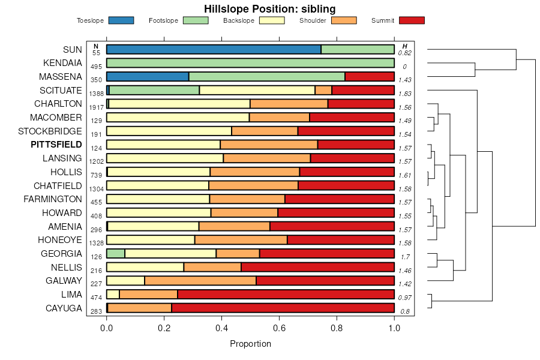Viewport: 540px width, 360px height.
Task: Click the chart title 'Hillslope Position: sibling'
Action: (x=269, y=8)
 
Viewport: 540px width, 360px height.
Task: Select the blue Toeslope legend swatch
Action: (x=121, y=20)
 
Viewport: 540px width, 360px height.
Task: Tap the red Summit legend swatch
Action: (x=412, y=20)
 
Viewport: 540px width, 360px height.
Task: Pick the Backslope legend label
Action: (x=238, y=21)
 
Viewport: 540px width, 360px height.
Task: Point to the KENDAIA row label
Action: (x=62, y=63)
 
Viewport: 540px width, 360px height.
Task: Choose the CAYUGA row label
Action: (x=64, y=308)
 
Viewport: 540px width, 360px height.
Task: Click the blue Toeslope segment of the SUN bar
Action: (x=214, y=49)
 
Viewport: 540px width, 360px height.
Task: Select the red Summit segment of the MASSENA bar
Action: (x=370, y=76)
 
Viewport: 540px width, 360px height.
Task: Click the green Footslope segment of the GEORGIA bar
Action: (x=116, y=253)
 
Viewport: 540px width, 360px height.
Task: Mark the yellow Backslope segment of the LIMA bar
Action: (x=113, y=294)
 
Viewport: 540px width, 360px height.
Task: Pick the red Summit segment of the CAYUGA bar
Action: (x=283, y=308)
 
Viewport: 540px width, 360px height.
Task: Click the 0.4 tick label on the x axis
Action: (x=221, y=328)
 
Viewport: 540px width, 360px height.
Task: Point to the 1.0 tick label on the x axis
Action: (x=394, y=328)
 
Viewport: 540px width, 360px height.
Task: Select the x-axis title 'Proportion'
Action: (x=250, y=344)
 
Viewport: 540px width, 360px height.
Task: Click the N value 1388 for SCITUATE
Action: (x=96, y=94)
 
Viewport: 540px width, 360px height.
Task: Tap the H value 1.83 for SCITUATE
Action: (x=405, y=94)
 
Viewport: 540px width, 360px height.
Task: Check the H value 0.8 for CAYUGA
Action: (x=405, y=311)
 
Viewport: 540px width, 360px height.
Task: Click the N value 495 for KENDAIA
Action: (x=96, y=67)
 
